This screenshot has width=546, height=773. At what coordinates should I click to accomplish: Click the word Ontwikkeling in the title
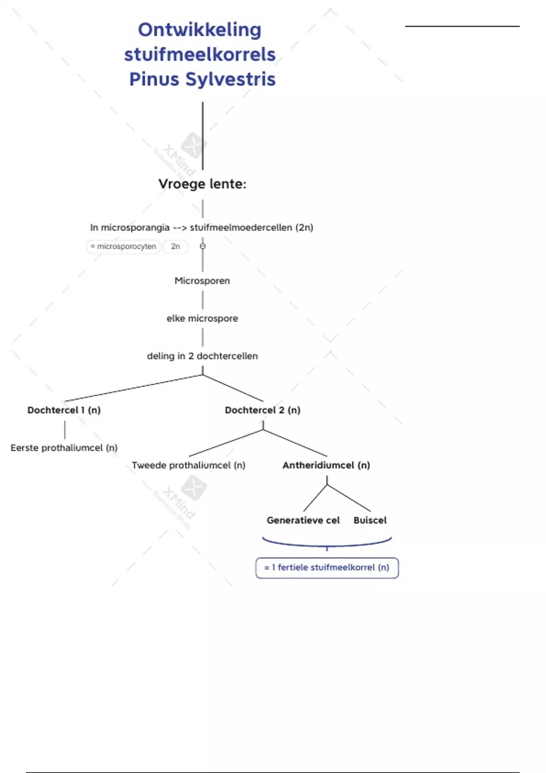200,30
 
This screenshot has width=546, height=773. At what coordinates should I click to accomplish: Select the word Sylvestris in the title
230,79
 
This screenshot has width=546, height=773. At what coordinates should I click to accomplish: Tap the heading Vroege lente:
202,184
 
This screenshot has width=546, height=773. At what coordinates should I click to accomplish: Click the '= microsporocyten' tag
123,246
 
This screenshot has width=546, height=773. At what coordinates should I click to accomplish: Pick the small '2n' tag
175,246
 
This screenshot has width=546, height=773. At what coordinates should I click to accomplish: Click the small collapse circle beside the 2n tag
203,246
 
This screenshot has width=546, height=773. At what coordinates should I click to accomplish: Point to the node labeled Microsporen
202,281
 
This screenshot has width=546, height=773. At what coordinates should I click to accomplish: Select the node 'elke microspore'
202,319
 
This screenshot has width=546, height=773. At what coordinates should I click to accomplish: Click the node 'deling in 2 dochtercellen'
202,356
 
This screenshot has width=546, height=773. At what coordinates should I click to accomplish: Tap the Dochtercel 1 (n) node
64,410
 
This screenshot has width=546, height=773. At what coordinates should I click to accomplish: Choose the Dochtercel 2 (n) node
263,410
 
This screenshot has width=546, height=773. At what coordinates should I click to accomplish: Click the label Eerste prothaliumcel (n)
64,448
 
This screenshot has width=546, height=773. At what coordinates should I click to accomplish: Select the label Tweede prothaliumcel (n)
188,466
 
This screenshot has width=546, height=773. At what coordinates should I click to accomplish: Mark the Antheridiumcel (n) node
326,466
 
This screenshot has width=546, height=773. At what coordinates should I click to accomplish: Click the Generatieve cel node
303,521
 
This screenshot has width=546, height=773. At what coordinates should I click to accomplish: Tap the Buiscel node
370,521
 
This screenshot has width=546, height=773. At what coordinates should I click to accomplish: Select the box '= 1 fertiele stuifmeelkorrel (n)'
327,568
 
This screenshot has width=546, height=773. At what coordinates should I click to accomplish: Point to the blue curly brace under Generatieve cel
327,544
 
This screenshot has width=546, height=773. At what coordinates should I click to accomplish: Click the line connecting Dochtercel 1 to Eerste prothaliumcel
65,430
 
